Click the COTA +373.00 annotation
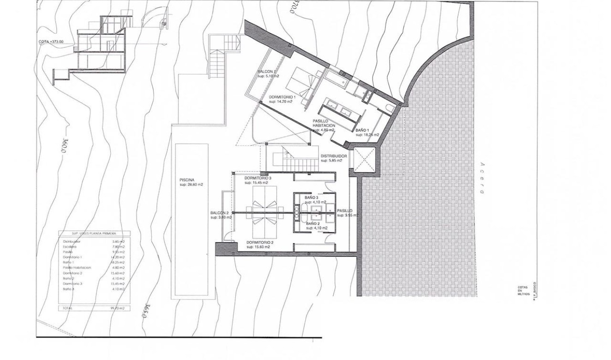51,42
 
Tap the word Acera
481,178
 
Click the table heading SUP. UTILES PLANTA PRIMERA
94,234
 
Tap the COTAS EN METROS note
522,290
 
